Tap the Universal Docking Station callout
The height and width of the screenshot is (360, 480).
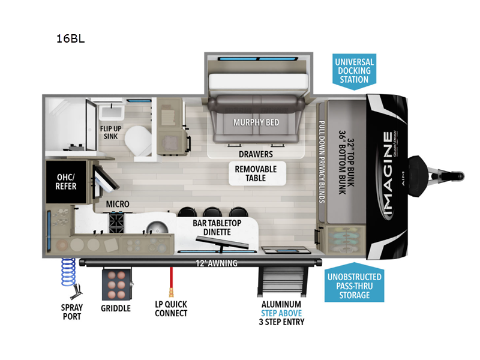[x=354, y=71]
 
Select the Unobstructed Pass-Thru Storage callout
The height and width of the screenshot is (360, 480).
[x=354, y=286]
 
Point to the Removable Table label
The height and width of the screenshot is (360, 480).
[x=256, y=173]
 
